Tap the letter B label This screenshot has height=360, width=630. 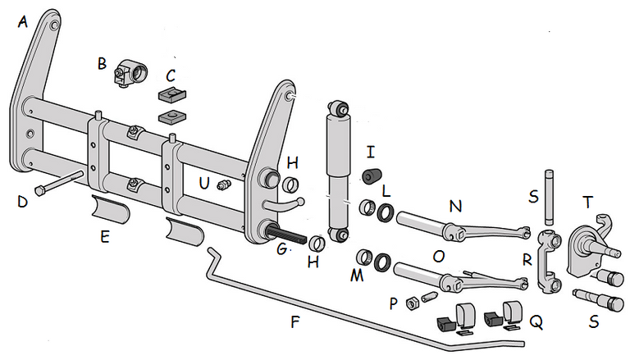[x=102, y=63]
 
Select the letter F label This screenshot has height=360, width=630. [x=295, y=321]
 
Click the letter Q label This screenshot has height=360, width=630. [x=536, y=323]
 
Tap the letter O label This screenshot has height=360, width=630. [x=438, y=256]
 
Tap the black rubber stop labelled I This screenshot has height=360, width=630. [x=372, y=175]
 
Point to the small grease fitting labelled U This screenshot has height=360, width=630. [x=221, y=186]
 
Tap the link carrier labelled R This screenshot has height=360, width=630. [x=549, y=261]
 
